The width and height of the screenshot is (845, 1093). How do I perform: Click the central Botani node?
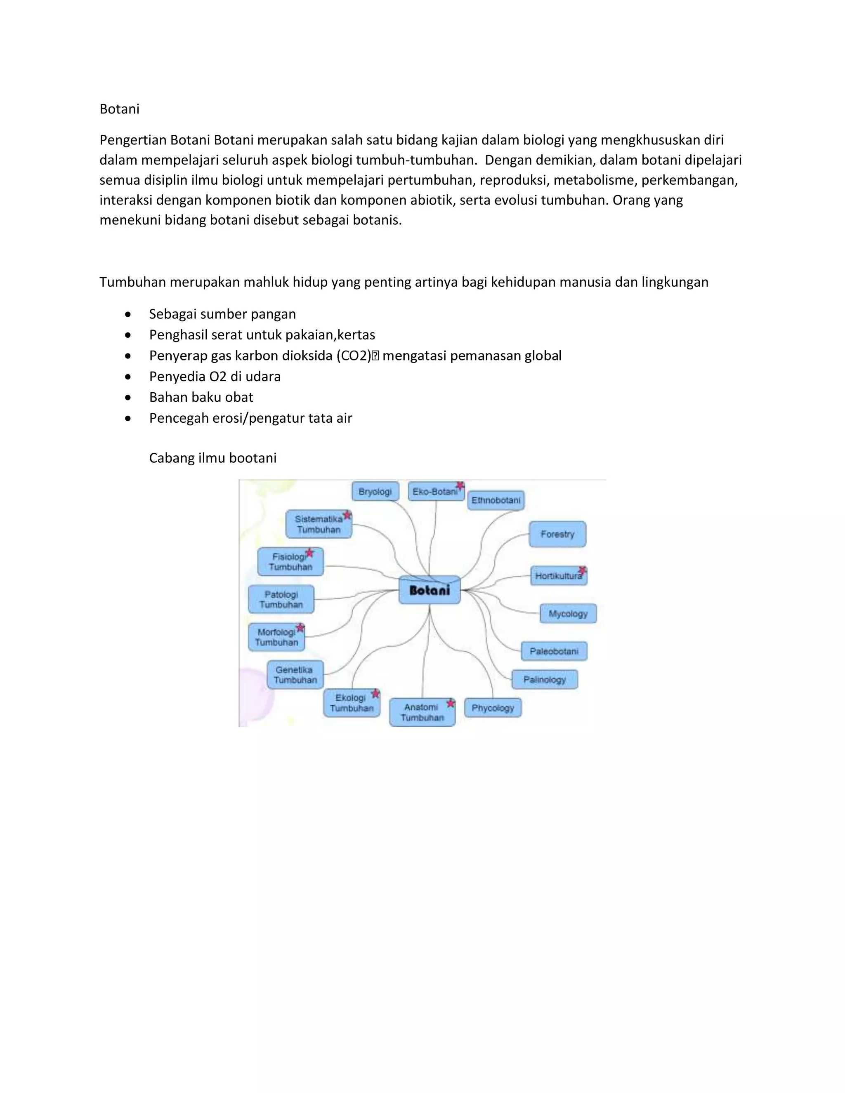tap(430, 590)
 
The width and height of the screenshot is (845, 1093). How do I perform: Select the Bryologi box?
tap(375, 492)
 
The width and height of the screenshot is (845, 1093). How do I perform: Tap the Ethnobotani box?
tap(496, 500)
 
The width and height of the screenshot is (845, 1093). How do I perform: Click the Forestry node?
tap(557, 534)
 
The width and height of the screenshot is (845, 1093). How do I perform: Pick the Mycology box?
tap(568, 614)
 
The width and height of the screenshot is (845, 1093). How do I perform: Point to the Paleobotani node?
tap(554, 651)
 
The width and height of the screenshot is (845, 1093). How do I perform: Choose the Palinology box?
tap(544, 680)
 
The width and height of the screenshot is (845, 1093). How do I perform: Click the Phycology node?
tap(493, 708)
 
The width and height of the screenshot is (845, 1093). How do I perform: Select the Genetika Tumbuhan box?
tap(295, 675)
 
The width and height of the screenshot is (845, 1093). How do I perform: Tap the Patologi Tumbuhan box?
tap(281, 599)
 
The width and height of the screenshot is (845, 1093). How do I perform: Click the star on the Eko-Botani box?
tap(460, 485)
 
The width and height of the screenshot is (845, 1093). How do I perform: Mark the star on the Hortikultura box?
tap(583, 570)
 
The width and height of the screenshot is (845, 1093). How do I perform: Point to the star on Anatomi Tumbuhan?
tap(451, 703)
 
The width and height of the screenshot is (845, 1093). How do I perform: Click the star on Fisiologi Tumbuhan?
tap(310, 553)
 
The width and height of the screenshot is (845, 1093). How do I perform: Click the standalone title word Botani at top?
tap(119, 109)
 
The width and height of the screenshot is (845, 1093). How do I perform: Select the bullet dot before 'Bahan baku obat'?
tap(128, 397)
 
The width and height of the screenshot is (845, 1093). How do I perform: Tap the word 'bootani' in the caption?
tap(254, 458)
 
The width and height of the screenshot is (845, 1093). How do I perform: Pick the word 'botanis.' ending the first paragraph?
tap(378, 220)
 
